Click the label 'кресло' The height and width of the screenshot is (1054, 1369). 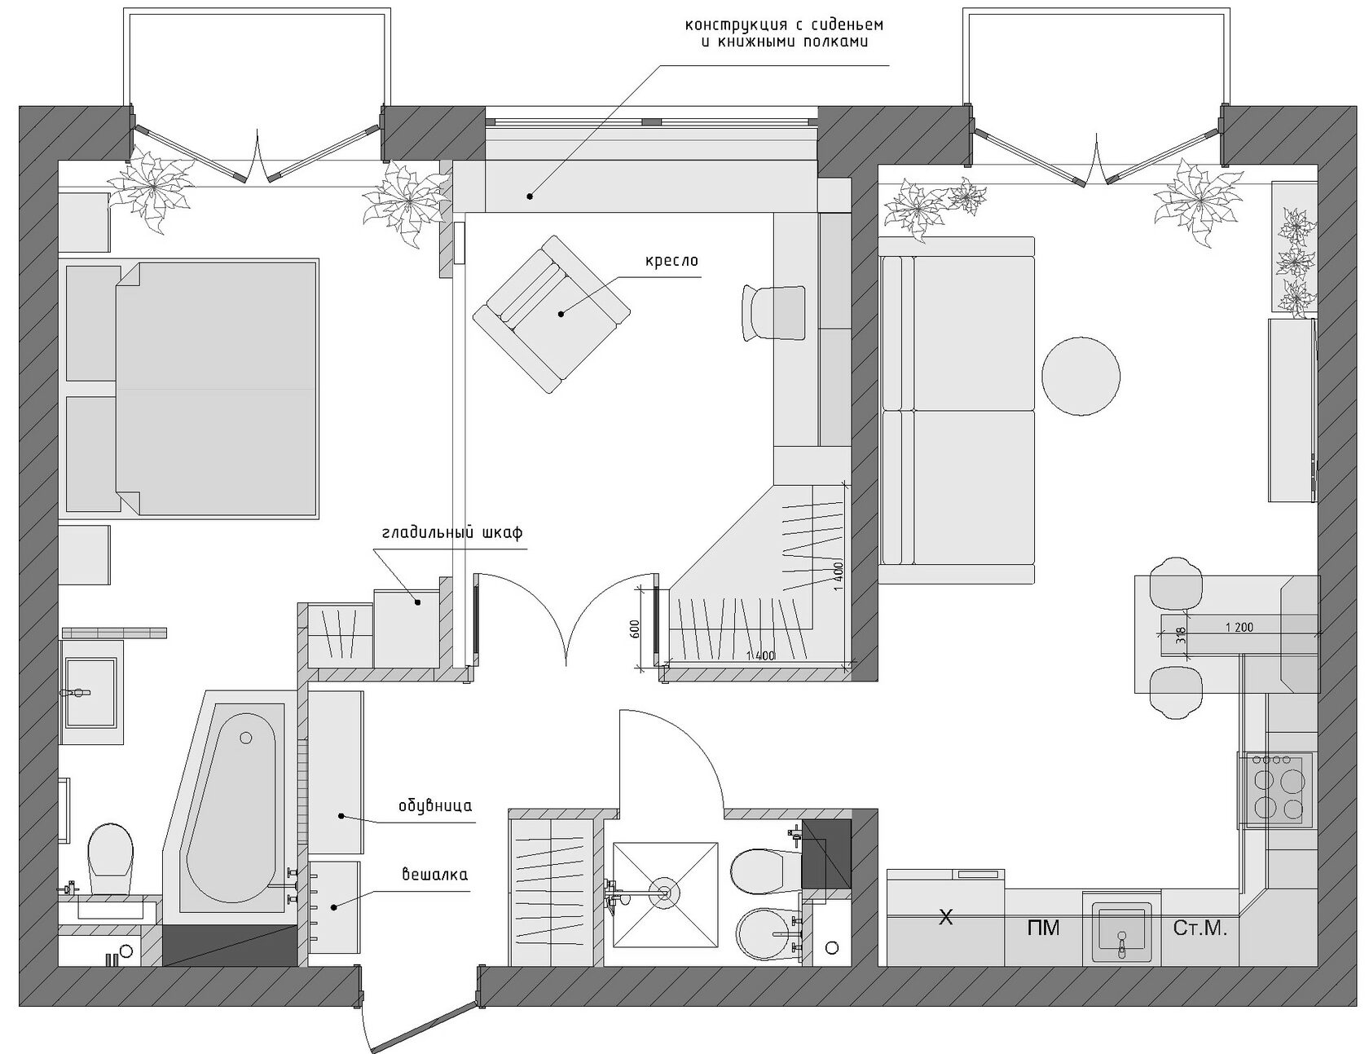point(672,262)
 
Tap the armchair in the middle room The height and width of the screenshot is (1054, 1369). point(552,314)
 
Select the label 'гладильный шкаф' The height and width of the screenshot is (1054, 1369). point(451,533)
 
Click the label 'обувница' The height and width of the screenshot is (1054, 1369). point(435,807)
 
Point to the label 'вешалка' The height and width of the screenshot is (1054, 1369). point(435,875)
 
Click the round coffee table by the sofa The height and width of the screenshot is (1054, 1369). point(1081,377)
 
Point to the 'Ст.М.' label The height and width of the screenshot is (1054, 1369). point(1200,928)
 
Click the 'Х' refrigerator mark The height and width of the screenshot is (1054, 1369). point(945,918)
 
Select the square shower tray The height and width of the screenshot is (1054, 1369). point(665,894)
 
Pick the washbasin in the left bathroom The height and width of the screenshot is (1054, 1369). point(90,692)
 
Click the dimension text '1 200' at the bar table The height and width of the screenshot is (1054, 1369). point(1239,627)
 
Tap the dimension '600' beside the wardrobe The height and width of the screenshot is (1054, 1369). point(636,628)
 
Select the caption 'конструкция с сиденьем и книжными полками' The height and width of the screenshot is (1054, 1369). point(784,33)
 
